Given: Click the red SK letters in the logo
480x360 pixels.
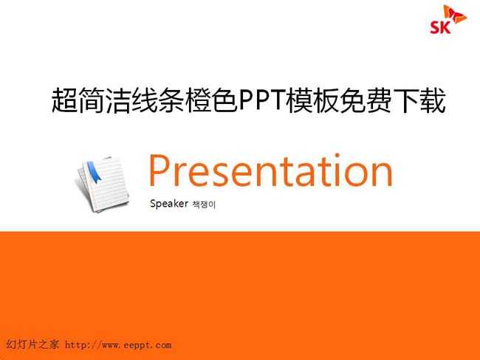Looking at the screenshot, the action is pos(440,27).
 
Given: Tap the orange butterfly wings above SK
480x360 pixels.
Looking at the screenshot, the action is pos(455,14).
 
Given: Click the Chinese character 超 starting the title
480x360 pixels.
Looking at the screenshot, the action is pos(64,100).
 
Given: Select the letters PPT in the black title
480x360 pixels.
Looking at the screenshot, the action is pos(262,100).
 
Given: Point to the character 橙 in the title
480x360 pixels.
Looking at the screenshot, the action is pos(198,100).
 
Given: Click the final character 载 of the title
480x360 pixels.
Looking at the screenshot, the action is pos(433,100).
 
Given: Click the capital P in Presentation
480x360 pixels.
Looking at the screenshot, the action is pos(159,170).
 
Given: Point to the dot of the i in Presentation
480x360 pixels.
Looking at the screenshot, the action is pos(337,156).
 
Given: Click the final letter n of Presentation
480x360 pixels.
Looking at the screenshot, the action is pos(383,174).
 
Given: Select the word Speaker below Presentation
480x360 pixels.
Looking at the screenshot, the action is pos(169,204).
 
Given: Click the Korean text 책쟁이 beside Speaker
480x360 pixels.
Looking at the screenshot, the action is pos(204,204).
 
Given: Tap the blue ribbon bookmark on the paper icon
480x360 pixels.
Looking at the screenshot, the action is pos(94,172).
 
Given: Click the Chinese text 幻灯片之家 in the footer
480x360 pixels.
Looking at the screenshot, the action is pos(32,345).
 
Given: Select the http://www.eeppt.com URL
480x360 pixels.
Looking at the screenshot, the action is pos(118,345).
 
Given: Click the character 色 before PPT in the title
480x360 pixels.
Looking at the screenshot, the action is pos(224,100).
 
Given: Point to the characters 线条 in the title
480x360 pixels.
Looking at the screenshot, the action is pos(158,100).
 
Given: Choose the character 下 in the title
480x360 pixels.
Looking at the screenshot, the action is pos(406,100).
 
